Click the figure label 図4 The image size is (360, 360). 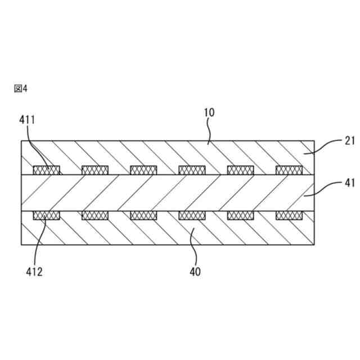pyautogui.click(x=20, y=88)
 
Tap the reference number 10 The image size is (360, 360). pyautogui.click(x=209, y=112)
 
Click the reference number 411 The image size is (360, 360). pyautogui.click(x=27, y=120)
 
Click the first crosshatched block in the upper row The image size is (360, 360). pyautogui.click(x=47, y=170)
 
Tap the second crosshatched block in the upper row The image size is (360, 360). pyautogui.click(x=95, y=170)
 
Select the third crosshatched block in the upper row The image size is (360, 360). pyautogui.click(x=143, y=170)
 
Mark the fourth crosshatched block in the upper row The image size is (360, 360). pyautogui.click(x=192, y=170)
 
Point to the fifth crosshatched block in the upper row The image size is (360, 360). pyautogui.click(x=240, y=170)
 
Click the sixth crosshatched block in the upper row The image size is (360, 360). pyautogui.click(x=289, y=170)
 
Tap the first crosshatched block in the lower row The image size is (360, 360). pyautogui.click(x=47, y=215)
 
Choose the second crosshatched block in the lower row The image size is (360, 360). pyautogui.click(x=95, y=215)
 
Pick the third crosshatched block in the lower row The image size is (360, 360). pyautogui.click(x=143, y=215)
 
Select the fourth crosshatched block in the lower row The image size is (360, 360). pyautogui.click(x=192, y=215)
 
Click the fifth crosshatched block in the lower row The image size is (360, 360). pyautogui.click(x=240, y=215)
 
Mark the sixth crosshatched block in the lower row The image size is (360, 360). pyautogui.click(x=289, y=215)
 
